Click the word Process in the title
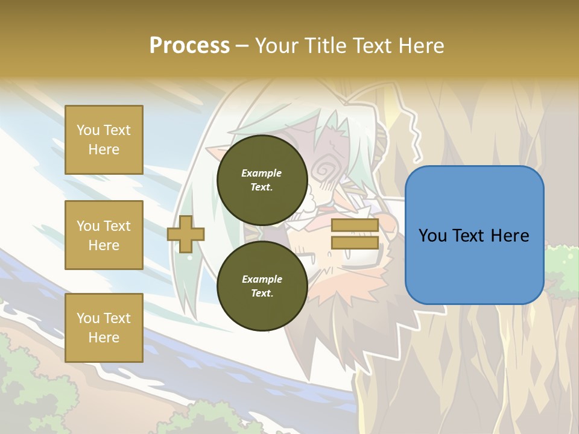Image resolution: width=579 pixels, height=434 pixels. point(189,46)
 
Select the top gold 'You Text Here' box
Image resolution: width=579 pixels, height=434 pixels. point(104,140)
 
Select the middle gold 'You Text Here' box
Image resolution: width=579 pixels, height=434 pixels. point(104,235)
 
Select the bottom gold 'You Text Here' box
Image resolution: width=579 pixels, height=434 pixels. point(104,328)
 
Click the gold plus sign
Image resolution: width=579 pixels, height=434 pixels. point(186,234)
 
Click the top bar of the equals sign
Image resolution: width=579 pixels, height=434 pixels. point(355,225)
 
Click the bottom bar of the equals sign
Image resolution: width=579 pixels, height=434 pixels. point(355,243)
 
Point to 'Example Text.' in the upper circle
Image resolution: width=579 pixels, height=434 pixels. point(262,180)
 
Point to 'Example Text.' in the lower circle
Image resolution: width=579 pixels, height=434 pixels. point(262,286)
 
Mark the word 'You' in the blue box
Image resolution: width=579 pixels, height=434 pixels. point(432,236)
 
